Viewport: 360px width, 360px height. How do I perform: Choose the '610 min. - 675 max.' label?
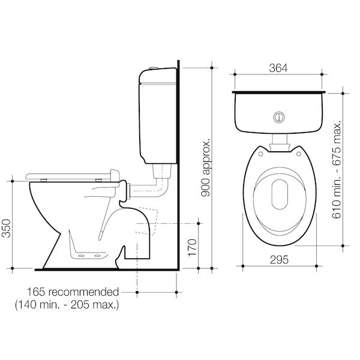coord(337,169)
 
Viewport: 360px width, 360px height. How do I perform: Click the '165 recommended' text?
coord(73,292)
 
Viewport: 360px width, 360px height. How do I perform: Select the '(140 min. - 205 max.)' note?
coord(67,305)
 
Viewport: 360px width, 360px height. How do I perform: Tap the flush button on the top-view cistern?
coord(278,116)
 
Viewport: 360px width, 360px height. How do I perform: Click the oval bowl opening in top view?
coord(280,194)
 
